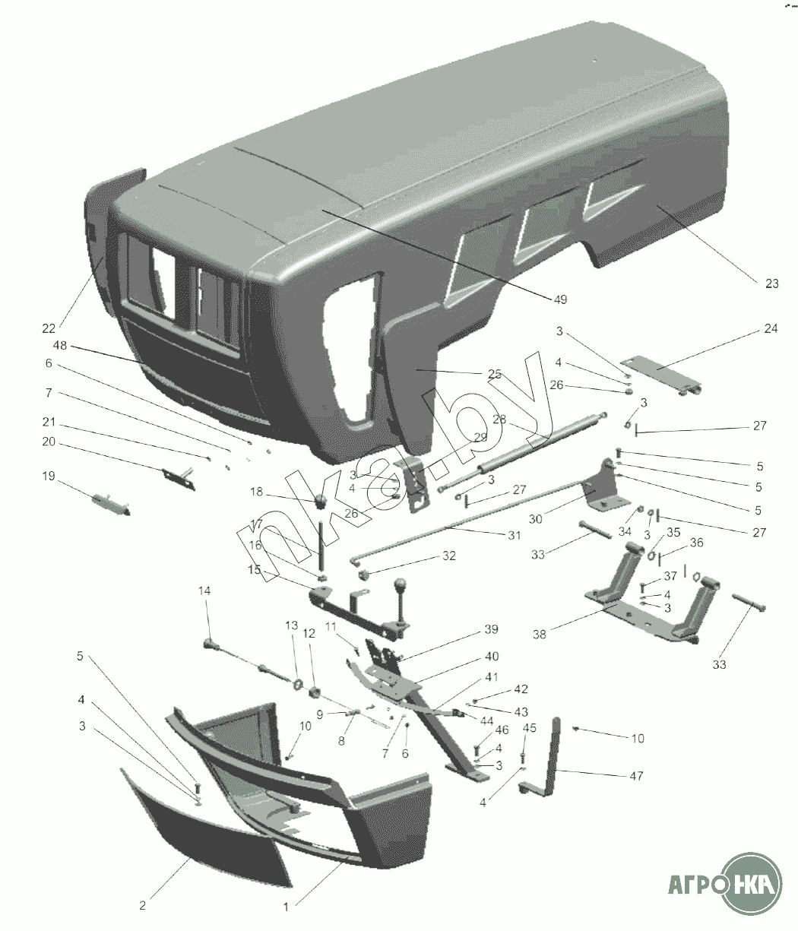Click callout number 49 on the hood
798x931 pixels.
tap(559, 299)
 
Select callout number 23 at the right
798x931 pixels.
tap(771, 283)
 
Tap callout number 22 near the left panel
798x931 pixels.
tap(49, 328)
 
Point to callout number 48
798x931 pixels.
tap(60, 345)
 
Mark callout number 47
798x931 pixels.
tap(635, 776)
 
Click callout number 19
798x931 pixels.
tap(48, 477)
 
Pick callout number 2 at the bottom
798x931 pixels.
tap(142, 905)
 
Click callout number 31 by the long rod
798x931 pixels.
tap(515, 535)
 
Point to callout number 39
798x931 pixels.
tap(491, 630)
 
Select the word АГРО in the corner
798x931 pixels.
tap(691, 886)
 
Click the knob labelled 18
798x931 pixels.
tap(321, 502)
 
